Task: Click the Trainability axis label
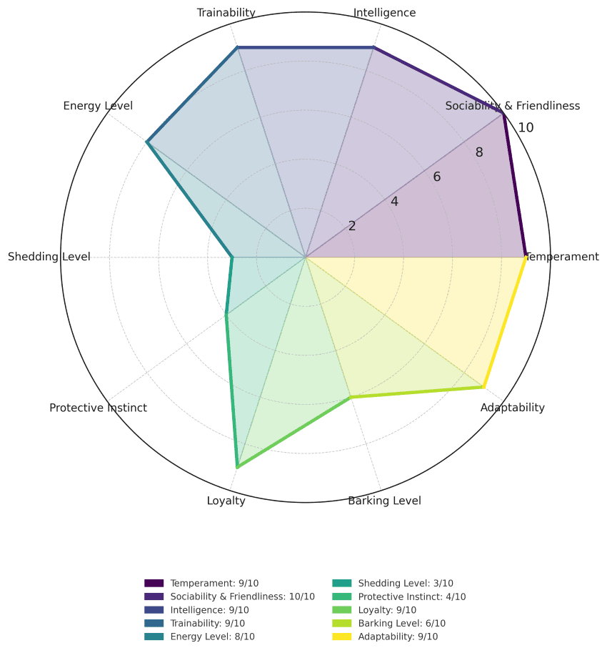point(226,13)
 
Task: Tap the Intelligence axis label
point(385,13)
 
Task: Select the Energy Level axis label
point(98,107)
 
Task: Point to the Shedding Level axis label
point(49,257)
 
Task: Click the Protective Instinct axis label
point(98,408)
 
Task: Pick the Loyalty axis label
point(226,501)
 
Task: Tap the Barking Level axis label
point(384,501)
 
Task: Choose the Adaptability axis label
point(512,408)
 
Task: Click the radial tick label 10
point(526,128)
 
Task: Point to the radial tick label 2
point(352,226)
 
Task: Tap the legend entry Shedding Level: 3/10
point(405,584)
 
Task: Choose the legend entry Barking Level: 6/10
point(402,623)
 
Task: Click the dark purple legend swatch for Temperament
point(154,584)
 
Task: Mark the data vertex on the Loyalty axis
point(237,466)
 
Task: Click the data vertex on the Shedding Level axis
point(232,257)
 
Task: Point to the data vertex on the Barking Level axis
point(351,397)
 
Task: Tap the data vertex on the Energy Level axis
point(147,142)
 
